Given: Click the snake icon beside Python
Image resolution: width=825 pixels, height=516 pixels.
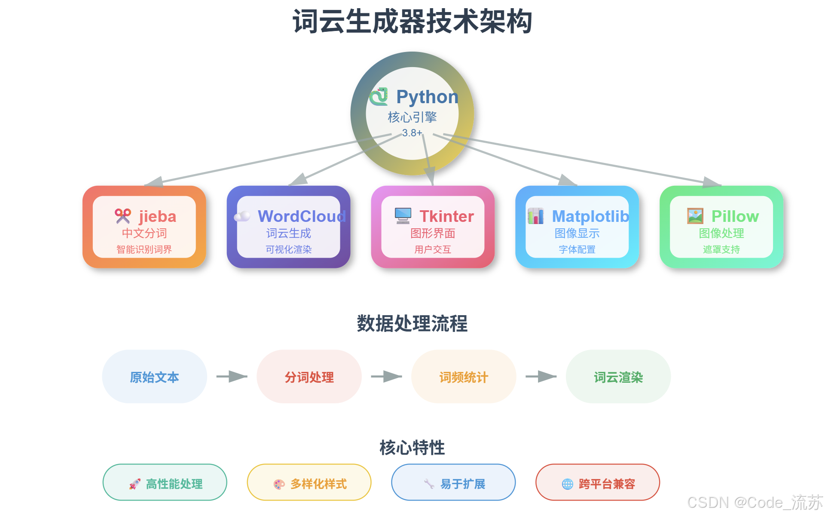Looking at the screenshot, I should point(379,97).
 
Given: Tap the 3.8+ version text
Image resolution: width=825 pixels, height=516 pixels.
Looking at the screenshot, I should point(412,133).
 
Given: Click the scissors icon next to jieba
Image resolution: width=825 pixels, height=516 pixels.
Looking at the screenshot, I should point(123,216).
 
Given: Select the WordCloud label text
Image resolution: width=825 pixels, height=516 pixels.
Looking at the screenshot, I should point(302,216).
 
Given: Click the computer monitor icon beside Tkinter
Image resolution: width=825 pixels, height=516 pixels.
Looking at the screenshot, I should point(403,216).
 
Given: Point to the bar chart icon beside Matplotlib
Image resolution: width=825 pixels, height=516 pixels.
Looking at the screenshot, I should point(536,216).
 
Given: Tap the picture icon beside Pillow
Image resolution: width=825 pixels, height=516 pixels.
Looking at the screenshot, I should point(695,216).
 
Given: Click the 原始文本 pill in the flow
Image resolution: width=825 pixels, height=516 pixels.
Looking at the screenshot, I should point(155,377).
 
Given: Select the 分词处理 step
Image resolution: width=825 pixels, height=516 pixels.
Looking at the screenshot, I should point(309,377).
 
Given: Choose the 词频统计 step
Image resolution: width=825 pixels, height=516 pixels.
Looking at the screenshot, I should point(464,377).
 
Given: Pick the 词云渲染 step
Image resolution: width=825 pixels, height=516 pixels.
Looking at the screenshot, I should point(618,377).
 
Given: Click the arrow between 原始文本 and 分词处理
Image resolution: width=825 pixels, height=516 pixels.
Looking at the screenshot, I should point(232,377).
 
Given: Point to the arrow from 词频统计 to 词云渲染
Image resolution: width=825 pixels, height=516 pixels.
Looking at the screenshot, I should point(541,377).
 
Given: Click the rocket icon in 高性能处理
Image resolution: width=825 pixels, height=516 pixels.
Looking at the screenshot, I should point(135,484).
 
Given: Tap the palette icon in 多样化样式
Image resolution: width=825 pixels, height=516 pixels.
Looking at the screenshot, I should point(279,484).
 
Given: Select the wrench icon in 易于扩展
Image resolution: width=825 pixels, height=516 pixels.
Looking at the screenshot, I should point(429,484).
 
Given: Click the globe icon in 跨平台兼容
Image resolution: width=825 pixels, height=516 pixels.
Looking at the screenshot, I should point(568,484).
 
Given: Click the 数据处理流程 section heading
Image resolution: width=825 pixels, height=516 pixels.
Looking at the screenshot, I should point(412,323).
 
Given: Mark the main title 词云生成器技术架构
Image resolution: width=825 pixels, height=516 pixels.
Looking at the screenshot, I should point(412,21).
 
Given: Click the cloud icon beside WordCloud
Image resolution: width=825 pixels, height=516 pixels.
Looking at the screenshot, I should point(242,216).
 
